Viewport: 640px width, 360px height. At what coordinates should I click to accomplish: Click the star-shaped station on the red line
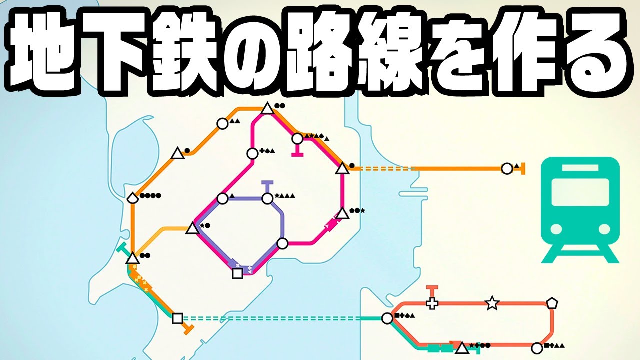click(x=492, y=302)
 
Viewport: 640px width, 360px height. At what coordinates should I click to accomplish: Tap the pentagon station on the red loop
click(x=552, y=303)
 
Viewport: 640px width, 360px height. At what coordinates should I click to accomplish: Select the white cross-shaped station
click(x=432, y=303)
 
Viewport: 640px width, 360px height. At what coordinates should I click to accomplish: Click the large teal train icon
click(x=580, y=210)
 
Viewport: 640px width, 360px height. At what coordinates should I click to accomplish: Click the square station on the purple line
click(x=238, y=273)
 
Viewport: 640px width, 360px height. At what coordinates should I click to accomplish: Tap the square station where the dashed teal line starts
click(x=177, y=318)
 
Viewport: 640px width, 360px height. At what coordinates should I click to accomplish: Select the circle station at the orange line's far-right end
click(x=507, y=169)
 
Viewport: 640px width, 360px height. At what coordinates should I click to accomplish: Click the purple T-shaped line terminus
click(x=267, y=183)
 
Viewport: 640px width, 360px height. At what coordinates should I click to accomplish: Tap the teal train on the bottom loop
click(x=439, y=347)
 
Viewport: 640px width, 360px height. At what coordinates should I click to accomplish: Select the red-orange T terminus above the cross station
click(x=432, y=288)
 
